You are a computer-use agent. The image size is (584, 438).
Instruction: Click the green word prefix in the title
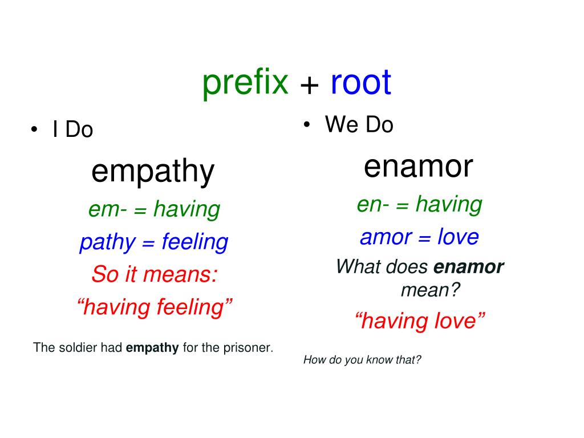[x=245, y=83]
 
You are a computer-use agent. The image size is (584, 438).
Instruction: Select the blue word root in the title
[x=360, y=83]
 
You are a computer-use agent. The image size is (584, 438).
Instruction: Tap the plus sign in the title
[x=309, y=86]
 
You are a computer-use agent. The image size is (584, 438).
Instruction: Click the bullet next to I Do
[x=35, y=129]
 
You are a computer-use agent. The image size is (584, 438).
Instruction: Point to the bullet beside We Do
[x=307, y=124]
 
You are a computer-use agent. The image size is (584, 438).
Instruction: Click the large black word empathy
[x=153, y=172]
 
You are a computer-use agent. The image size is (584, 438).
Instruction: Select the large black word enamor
[x=419, y=166]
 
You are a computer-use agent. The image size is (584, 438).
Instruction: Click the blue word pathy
[x=107, y=243]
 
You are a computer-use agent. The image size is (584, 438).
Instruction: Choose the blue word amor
[x=383, y=237]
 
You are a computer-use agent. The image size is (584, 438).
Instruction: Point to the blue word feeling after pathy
[x=195, y=242]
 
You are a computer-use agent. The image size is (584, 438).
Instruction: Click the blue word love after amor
[x=458, y=237]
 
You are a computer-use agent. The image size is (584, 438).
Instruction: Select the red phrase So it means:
[x=155, y=275]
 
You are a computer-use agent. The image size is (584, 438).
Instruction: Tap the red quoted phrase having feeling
[x=155, y=307]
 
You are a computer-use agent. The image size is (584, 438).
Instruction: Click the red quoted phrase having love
[x=420, y=321]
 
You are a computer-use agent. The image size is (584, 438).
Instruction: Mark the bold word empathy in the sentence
[x=152, y=347]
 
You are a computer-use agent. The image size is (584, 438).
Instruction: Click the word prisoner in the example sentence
[x=250, y=347]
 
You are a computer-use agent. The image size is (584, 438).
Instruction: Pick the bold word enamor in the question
[x=469, y=266]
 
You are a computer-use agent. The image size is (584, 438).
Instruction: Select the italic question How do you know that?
[x=362, y=360]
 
